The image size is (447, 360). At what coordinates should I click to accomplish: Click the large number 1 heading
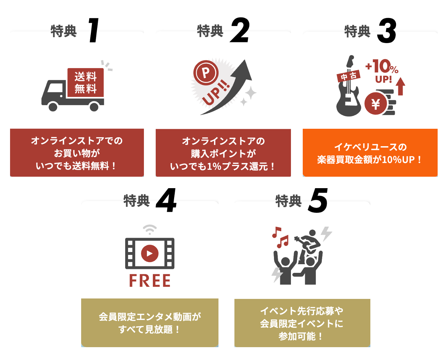pos(93,31)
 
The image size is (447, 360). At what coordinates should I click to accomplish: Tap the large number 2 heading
pos(240,31)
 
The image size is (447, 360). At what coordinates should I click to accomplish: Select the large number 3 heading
pos(387,31)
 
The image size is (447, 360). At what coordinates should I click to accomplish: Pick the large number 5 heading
pos(318,201)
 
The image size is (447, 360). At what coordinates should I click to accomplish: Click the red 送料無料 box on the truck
pos(85,82)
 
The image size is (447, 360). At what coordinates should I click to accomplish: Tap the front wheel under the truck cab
pos(53,106)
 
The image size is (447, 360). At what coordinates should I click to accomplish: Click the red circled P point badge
pos(206,73)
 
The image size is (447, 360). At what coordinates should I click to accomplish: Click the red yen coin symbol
pos(376,104)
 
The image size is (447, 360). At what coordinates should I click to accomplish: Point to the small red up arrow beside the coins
pos(401,86)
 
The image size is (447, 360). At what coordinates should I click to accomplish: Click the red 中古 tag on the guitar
pos(349,76)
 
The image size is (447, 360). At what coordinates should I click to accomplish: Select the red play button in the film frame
pos(149,253)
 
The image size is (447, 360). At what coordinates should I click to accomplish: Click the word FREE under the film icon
pos(150,281)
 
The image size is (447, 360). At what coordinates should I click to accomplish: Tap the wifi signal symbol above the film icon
pos(150,229)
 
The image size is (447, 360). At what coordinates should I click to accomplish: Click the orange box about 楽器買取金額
pos(370,153)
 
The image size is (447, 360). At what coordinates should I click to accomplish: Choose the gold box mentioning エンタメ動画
pos(150,323)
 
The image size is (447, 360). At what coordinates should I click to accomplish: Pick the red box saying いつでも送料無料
pos(77,153)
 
